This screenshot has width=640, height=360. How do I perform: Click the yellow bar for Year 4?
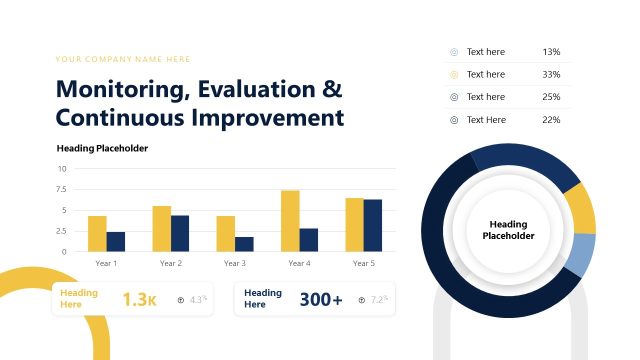290,221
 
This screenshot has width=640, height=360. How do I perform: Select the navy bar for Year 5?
373,226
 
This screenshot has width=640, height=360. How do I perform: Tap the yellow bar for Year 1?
97,234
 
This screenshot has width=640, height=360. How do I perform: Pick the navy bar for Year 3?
244,244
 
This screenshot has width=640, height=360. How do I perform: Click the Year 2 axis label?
171,263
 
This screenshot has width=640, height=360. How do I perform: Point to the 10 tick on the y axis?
62,169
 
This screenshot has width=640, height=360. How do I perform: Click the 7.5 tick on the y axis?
61,190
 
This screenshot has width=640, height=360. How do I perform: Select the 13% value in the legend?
551,51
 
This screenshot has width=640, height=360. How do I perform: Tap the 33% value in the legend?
551,74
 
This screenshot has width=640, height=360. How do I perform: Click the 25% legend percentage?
551,97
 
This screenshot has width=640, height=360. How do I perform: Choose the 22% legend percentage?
551,120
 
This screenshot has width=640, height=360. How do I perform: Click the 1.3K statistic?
139,299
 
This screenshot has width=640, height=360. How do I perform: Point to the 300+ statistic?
321,299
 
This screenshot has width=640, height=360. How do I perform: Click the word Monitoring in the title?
119,89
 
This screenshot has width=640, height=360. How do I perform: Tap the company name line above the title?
123,59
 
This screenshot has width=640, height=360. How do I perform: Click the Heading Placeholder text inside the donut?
508,230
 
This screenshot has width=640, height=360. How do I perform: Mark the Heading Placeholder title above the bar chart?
102,148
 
